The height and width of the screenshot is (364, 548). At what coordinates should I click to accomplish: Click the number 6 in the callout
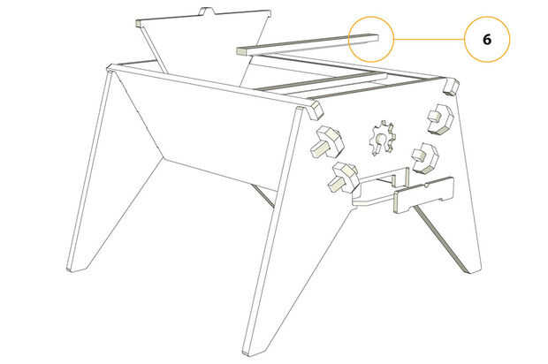point(487,40)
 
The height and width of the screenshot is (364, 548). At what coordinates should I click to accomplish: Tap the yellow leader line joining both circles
point(430,39)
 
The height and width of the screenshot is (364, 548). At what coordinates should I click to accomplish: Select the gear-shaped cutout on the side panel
point(383,138)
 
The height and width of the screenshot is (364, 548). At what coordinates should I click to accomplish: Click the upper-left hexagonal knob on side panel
point(327,142)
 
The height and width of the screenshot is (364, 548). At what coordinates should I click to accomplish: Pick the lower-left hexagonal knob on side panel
point(344,178)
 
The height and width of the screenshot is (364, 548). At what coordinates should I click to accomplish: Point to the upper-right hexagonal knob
point(440,119)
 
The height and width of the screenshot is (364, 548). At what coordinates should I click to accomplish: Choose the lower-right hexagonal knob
point(425,157)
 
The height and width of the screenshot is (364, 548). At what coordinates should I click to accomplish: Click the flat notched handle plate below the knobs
point(423,195)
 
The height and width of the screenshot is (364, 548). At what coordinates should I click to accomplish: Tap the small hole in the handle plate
point(426,184)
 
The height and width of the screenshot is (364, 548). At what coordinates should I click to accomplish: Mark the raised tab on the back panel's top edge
point(207,11)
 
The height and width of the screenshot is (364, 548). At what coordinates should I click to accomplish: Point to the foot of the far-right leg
point(473,268)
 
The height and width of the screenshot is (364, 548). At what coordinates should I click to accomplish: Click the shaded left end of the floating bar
point(241,51)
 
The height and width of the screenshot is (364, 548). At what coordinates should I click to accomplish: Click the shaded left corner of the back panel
point(139,23)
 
